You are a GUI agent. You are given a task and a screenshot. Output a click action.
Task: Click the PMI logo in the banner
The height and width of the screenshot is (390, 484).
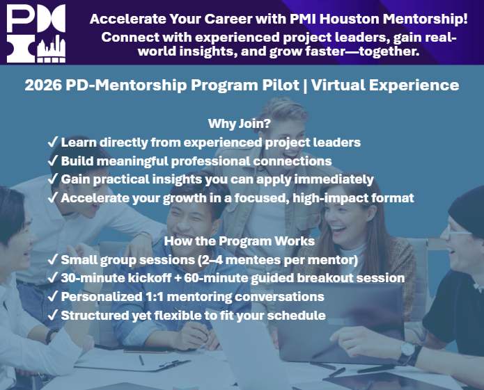[x=36, y=33]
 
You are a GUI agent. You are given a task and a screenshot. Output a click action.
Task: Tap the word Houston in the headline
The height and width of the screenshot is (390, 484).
[x=349, y=19]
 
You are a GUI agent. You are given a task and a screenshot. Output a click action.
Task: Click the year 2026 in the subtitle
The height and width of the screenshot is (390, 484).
[x=43, y=85]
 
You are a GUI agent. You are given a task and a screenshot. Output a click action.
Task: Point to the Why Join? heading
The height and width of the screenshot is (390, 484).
[x=240, y=124]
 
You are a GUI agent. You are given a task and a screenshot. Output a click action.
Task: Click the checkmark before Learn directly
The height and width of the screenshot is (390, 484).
[x=53, y=142]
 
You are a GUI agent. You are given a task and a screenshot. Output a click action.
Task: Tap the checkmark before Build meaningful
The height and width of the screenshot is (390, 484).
[x=53, y=161]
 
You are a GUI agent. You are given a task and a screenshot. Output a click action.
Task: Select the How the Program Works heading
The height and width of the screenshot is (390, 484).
[x=240, y=241]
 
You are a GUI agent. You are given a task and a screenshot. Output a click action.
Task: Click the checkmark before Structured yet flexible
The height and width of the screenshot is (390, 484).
[x=53, y=315]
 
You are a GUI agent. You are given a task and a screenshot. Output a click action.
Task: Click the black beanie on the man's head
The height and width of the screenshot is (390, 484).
[x=467, y=211]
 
